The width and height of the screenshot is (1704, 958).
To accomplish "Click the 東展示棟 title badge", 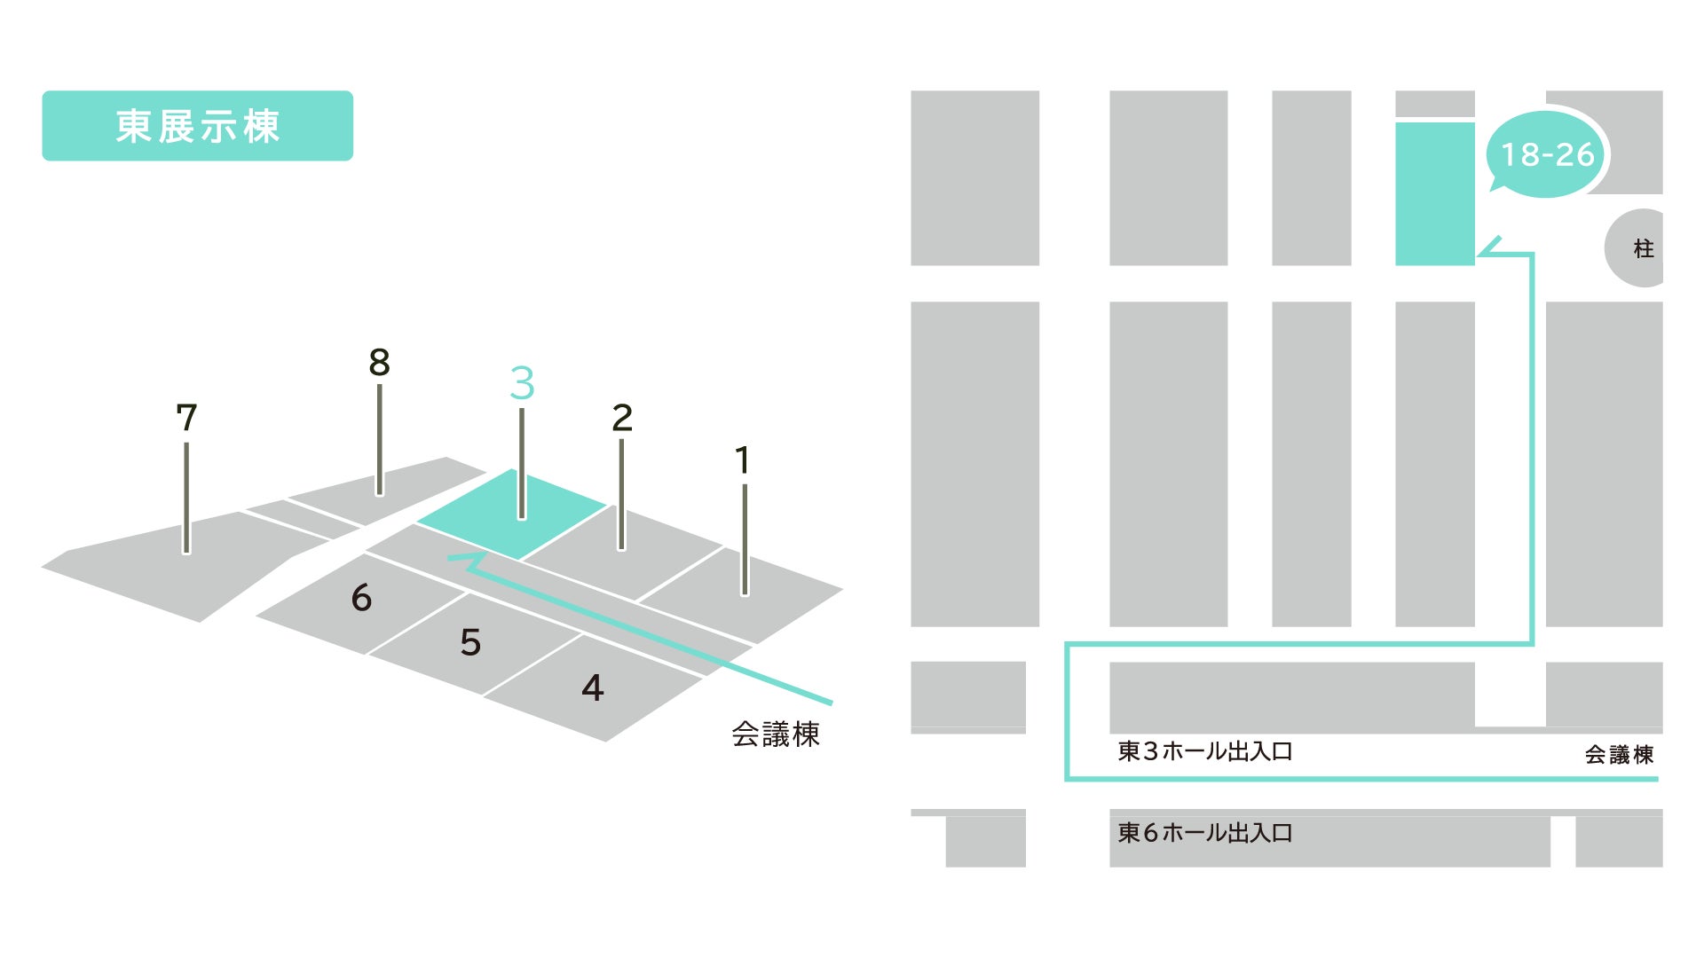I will [197, 126].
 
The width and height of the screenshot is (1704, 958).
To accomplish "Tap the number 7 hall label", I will [186, 418].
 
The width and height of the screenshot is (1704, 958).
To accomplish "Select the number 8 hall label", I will [379, 362].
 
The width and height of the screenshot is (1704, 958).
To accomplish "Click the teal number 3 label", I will [522, 383].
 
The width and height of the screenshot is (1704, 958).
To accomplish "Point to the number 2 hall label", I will [622, 418].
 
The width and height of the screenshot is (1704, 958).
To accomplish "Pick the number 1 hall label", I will [743, 460].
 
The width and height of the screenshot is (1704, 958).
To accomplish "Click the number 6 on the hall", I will [361, 598].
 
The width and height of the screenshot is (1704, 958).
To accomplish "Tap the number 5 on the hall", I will [470, 642].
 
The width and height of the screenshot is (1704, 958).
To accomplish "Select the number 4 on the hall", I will [593, 687].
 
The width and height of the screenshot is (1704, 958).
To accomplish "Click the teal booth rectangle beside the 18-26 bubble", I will [1434, 194].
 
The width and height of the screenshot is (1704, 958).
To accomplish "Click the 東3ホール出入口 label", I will [1204, 751].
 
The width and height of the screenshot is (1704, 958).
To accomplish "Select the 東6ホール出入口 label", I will [1204, 833].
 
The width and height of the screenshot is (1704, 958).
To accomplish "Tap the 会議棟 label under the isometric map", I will [775, 734].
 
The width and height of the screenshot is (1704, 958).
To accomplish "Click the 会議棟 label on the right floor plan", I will [1619, 755].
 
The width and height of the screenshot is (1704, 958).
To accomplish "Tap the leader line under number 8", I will [380, 439].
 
